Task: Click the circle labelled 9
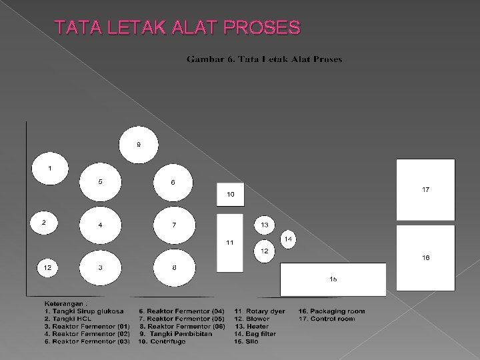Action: pos(139,145)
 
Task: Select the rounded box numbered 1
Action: pos(48,169)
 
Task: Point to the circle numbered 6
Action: pos(173,182)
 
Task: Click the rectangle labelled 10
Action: pos(231,194)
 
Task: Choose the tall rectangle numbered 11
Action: pos(230,242)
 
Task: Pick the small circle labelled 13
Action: pos(264,226)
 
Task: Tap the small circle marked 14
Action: pos(288,239)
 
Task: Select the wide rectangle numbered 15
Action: pos(333,279)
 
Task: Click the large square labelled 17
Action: pos(425,190)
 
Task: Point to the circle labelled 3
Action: pos(100,268)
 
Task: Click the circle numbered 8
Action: pos(173,268)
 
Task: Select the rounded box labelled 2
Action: pos(44,223)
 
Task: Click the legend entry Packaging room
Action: pos(332,311)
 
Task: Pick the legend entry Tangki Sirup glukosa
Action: pos(85,311)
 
